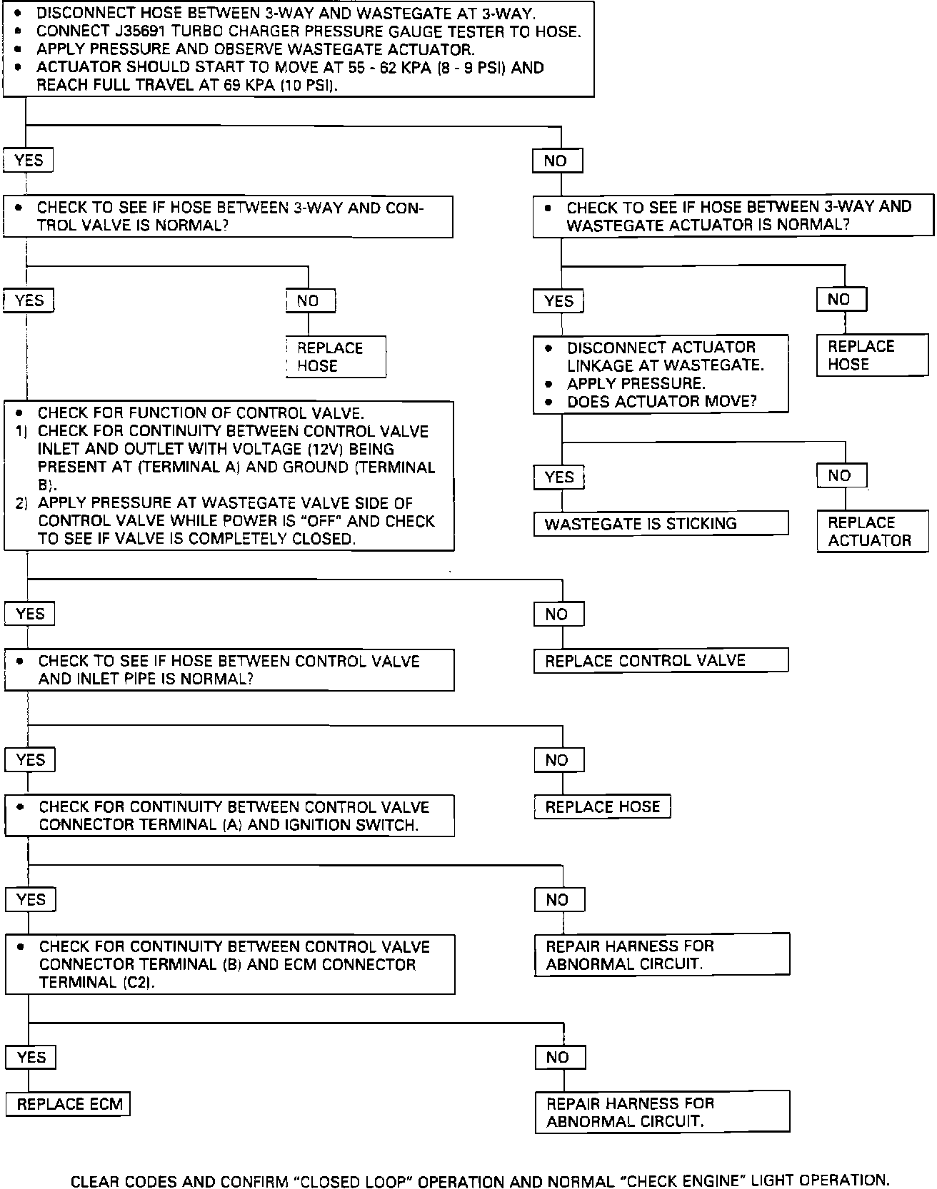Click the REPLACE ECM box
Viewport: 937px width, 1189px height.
tap(69, 1104)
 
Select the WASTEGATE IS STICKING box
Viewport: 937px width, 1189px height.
tap(661, 524)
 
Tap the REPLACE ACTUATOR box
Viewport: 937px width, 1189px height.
tap(873, 532)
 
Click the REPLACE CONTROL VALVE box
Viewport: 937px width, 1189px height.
tap(661, 661)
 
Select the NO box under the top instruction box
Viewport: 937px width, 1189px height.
tap(557, 161)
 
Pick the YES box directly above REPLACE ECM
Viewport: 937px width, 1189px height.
tap(31, 1057)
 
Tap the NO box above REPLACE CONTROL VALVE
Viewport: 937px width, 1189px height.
tap(558, 614)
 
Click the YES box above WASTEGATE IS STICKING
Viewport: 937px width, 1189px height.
tap(558, 477)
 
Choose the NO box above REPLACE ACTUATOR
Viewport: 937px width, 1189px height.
tap(841, 476)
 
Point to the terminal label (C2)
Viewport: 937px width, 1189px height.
tap(135, 983)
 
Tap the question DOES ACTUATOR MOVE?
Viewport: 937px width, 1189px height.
tap(661, 402)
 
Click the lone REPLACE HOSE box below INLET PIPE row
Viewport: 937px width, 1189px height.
tap(602, 807)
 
